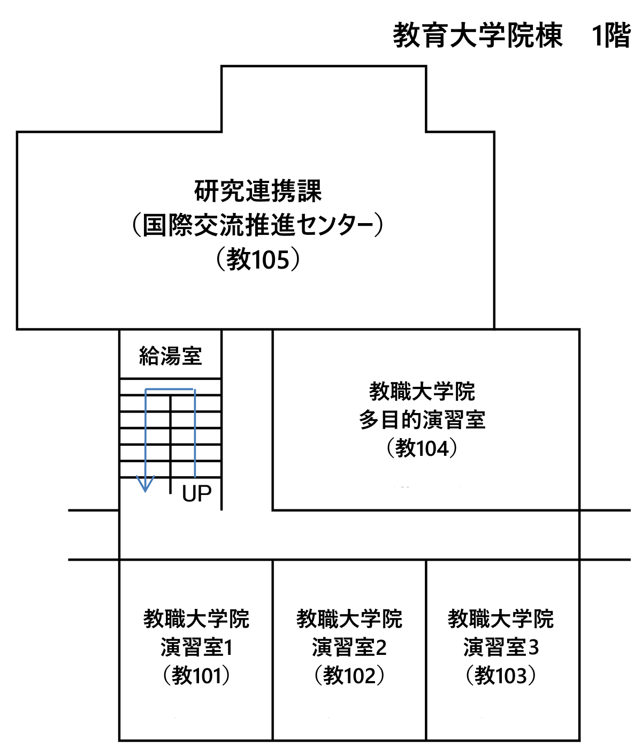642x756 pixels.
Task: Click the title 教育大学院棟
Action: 477,35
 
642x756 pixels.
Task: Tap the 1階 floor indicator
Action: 612,35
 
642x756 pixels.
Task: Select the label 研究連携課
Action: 258,190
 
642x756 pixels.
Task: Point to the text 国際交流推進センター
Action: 258,225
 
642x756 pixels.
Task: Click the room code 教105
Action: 258,259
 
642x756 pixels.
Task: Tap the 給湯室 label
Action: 171,356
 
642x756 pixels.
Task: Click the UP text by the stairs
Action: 197,494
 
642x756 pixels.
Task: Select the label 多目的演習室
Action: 422,419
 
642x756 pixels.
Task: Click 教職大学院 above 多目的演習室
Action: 422,391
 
